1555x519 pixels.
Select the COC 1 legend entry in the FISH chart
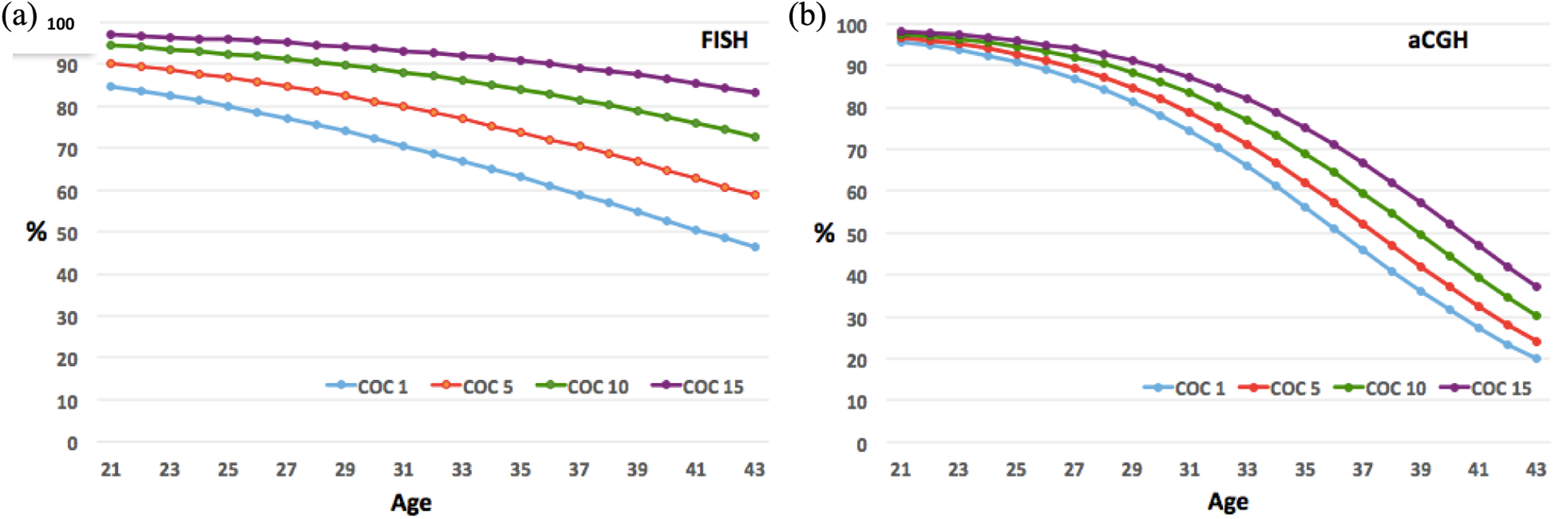click(x=367, y=386)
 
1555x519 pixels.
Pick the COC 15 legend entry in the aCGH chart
click(x=1486, y=388)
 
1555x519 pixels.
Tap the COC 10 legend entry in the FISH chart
click(x=582, y=386)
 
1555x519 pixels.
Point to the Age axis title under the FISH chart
click(x=411, y=502)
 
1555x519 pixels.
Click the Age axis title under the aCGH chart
click(x=1228, y=501)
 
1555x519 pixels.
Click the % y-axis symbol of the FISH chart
click(x=36, y=231)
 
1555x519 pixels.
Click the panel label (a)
click(x=19, y=16)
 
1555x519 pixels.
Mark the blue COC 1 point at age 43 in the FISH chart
click(x=755, y=247)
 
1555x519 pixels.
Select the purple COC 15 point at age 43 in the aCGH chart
click(x=1536, y=286)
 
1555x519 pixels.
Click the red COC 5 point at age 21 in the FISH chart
click(x=111, y=63)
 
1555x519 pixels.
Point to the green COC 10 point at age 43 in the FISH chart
click(x=755, y=137)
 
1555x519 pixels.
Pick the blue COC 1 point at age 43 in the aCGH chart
click(x=1536, y=358)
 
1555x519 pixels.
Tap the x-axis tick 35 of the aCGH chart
click(x=1305, y=469)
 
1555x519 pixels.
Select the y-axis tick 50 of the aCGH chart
click(x=856, y=234)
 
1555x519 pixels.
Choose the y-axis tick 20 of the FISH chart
click(x=67, y=359)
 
